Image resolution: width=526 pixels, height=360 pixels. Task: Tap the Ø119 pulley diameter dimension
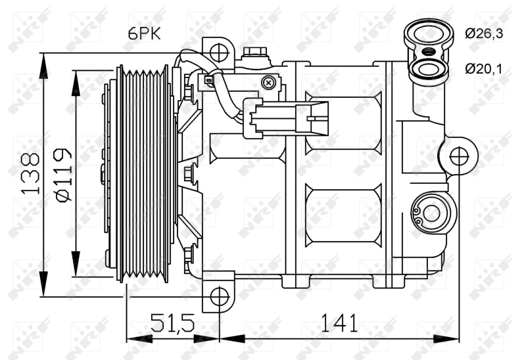click(64, 174)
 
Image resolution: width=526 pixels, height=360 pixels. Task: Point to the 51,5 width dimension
click(172, 323)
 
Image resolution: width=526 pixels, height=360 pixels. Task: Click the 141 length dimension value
click(339, 323)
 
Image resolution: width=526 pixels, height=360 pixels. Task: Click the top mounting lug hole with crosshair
click(219, 50)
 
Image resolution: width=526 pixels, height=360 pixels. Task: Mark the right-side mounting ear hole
click(459, 156)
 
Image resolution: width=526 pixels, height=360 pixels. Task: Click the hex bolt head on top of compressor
click(254, 53)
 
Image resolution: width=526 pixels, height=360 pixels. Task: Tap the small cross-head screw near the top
click(268, 82)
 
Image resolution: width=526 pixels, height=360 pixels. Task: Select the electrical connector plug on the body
click(284, 118)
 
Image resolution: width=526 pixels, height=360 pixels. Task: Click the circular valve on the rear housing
click(431, 212)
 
